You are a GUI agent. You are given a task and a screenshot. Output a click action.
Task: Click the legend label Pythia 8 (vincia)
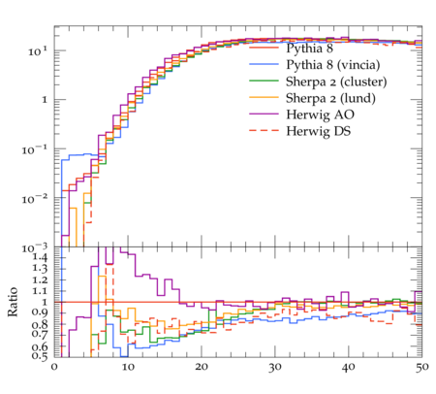click(x=333, y=65)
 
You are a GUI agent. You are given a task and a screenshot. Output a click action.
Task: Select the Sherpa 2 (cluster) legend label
click(x=336, y=82)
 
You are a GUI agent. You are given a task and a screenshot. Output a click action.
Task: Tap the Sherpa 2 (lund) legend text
click(x=330, y=98)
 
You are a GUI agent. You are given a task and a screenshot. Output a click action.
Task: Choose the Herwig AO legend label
click(x=320, y=115)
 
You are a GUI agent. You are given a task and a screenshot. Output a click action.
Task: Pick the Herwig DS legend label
click(x=319, y=131)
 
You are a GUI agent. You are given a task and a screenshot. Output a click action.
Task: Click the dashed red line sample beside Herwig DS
click(x=264, y=130)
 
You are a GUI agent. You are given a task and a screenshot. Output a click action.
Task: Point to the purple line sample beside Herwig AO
click(x=264, y=114)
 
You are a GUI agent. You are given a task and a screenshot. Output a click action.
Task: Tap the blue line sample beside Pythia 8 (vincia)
click(x=264, y=64)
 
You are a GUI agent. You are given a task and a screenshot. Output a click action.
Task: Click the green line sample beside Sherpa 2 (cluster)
click(x=264, y=81)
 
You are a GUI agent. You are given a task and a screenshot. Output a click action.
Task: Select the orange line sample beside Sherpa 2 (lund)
click(x=264, y=97)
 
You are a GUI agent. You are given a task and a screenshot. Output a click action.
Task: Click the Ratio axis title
click(x=13, y=302)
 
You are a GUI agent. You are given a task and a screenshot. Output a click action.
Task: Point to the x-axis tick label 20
click(x=202, y=367)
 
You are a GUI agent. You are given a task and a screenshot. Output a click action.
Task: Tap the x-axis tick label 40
click(x=349, y=367)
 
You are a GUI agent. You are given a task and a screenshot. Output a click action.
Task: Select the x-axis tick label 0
click(x=54, y=367)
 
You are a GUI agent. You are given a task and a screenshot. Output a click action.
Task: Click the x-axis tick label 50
click(x=422, y=367)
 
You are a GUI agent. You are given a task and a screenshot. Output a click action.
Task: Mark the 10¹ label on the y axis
click(x=38, y=50)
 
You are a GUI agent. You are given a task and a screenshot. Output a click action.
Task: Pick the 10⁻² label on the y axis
click(x=35, y=198)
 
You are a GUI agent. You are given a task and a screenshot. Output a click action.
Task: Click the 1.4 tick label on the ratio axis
click(x=40, y=257)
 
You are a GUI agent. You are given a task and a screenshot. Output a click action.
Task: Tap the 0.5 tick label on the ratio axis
click(x=40, y=356)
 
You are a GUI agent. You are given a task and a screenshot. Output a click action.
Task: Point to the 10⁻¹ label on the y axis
click(x=35, y=149)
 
